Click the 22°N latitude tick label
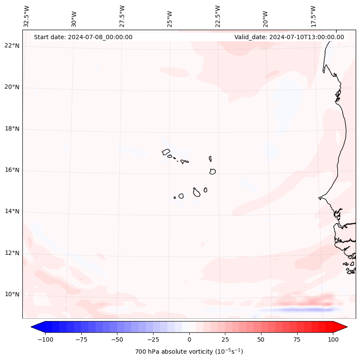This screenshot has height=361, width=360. point(12,46)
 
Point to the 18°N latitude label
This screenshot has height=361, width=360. point(12,129)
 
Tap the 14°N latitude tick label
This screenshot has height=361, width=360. point(12,212)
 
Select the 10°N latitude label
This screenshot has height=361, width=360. point(12,294)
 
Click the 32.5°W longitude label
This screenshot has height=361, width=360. point(27,16)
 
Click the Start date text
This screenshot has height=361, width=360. point(83,37)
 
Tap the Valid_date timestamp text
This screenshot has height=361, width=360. point(289,37)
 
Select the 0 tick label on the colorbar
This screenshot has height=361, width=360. point(189,339)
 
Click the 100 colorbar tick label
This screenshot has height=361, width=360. point(332,339)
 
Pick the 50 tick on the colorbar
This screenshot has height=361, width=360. point(261,339)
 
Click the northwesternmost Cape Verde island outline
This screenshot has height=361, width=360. point(166,151)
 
